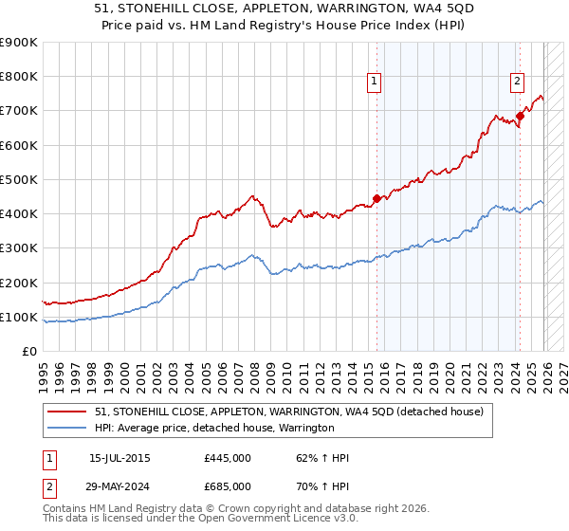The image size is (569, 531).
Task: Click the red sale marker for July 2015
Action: (376, 198)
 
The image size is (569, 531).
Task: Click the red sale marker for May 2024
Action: (520, 117)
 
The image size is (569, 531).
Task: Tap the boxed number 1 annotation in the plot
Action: (376, 82)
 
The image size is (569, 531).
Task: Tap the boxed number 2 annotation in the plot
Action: (518, 82)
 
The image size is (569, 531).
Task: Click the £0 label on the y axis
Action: (28, 351)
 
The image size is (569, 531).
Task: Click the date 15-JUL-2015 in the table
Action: (119, 458)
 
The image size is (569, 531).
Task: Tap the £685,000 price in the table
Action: (228, 485)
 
